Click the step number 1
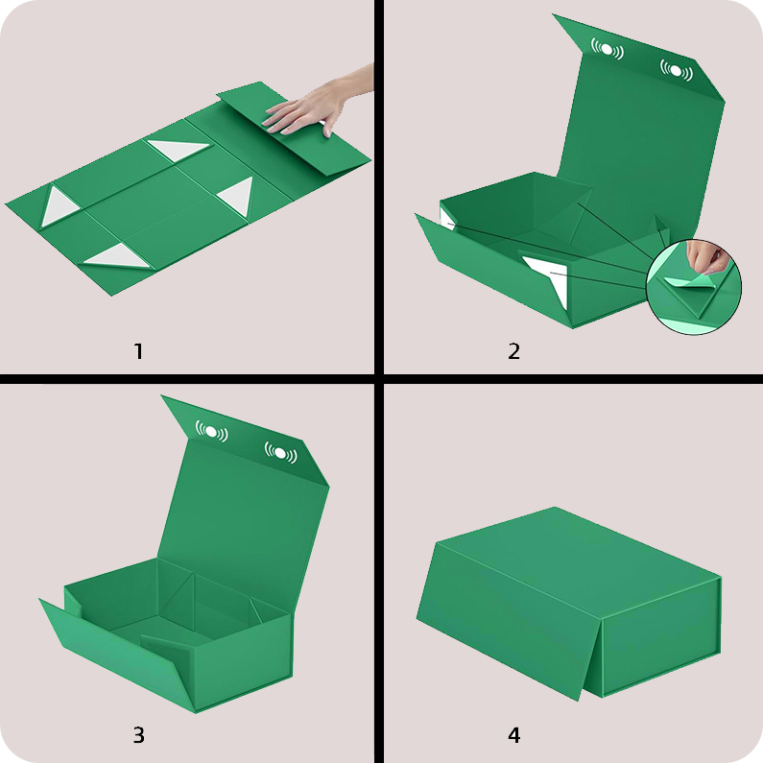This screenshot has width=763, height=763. click(138, 351)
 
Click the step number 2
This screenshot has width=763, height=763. click(513, 351)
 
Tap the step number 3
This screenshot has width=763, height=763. click(138, 735)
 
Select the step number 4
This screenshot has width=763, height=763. click(514, 735)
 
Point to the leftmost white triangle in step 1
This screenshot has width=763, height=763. click(58, 206)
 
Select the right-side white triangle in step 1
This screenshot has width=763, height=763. click(238, 196)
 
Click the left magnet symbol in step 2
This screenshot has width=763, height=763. click(607, 49)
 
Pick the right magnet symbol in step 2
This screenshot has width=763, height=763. click(677, 71)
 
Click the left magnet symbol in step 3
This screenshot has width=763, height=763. click(212, 431)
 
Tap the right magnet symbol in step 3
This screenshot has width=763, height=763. click(281, 453)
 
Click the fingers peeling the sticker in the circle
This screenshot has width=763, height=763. click(705, 258)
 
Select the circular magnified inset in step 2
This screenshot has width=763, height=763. click(694, 287)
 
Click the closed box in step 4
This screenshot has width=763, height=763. click(568, 604)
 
